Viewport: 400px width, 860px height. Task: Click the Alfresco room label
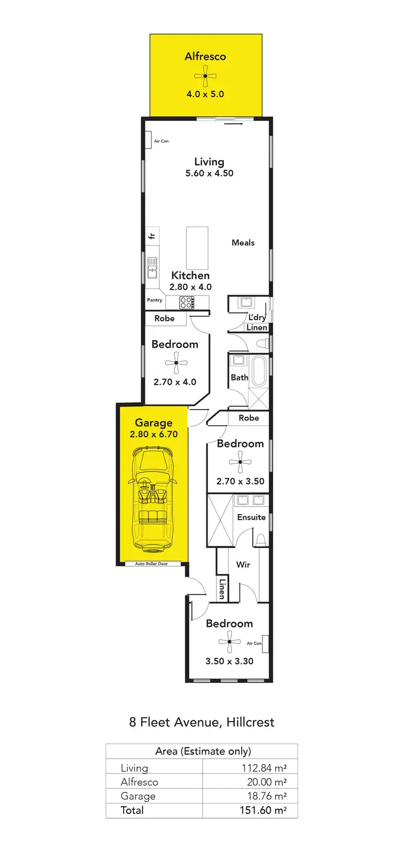pyautogui.click(x=205, y=57)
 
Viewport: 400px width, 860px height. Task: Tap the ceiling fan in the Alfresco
pyautogui.click(x=205, y=76)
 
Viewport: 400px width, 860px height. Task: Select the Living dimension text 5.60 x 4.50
pyautogui.click(x=209, y=173)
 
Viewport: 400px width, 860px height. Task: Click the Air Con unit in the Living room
pyautogui.click(x=148, y=141)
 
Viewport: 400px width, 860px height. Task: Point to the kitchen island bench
pyautogui.click(x=197, y=248)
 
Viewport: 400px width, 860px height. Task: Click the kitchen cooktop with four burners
pyautogui.click(x=186, y=303)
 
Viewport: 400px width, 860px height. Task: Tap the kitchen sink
pyautogui.click(x=153, y=268)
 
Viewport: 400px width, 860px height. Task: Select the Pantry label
pyautogui.click(x=155, y=300)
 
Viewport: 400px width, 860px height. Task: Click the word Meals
pyautogui.click(x=243, y=243)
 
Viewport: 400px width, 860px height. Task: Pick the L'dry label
pyautogui.click(x=257, y=317)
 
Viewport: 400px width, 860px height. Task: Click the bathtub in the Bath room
pyautogui.click(x=259, y=371)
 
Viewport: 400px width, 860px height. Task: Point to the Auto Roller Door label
pyautogui.click(x=151, y=564)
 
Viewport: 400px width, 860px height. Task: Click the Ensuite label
pyautogui.click(x=251, y=517)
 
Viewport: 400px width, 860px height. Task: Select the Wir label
pyautogui.click(x=243, y=565)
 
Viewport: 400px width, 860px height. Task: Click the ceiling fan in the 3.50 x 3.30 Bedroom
pyautogui.click(x=229, y=642)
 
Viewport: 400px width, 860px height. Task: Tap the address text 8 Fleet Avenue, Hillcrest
pyautogui.click(x=202, y=722)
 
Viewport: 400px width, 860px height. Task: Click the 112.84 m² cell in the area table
pyautogui.click(x=264, y=768)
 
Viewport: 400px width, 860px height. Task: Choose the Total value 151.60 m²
pyautogui.click(x=263, y=810)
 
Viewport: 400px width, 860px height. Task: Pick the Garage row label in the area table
pyautogui.click(x=138, y=796)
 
